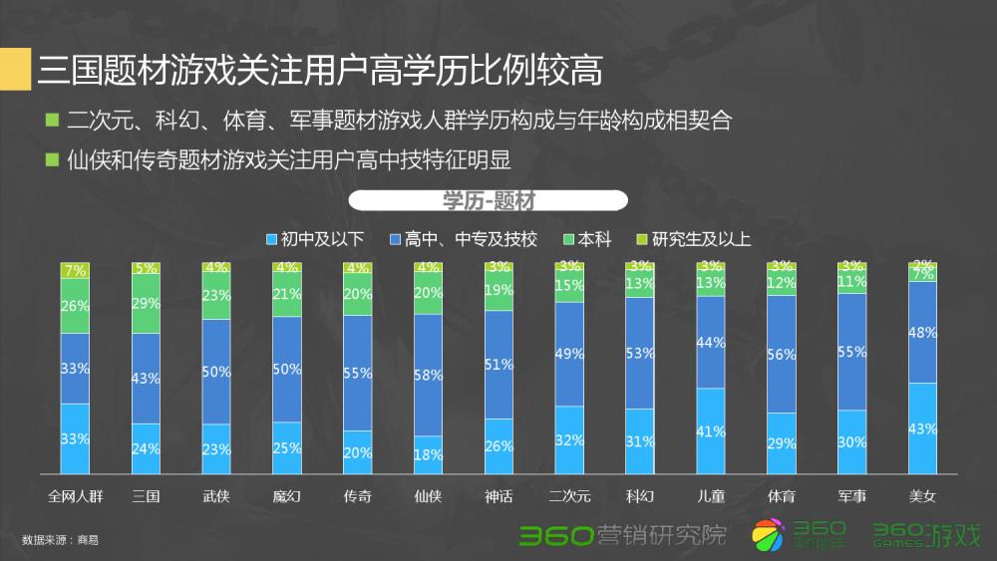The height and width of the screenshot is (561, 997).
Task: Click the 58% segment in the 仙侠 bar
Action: pos(429,375)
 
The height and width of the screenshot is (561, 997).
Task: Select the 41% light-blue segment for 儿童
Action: pos(711,430)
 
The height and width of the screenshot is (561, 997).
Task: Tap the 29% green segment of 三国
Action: pos(147,303)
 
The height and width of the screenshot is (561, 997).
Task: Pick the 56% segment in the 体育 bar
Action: pos(782,354)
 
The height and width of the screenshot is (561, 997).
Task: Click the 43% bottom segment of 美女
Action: pos(922,428)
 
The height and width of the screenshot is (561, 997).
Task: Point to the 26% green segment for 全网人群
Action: pos(76,306)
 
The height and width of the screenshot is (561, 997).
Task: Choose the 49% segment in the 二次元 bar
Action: pos(570,354)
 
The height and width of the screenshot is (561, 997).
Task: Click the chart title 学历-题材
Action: pos(489,200)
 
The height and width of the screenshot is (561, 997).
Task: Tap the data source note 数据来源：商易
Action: pos(60,540)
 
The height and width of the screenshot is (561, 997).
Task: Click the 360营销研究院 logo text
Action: pos(623,535)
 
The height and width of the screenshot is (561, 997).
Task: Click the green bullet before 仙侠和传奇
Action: pos(53,158)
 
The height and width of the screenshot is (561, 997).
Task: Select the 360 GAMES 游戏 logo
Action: pos(926,535)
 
